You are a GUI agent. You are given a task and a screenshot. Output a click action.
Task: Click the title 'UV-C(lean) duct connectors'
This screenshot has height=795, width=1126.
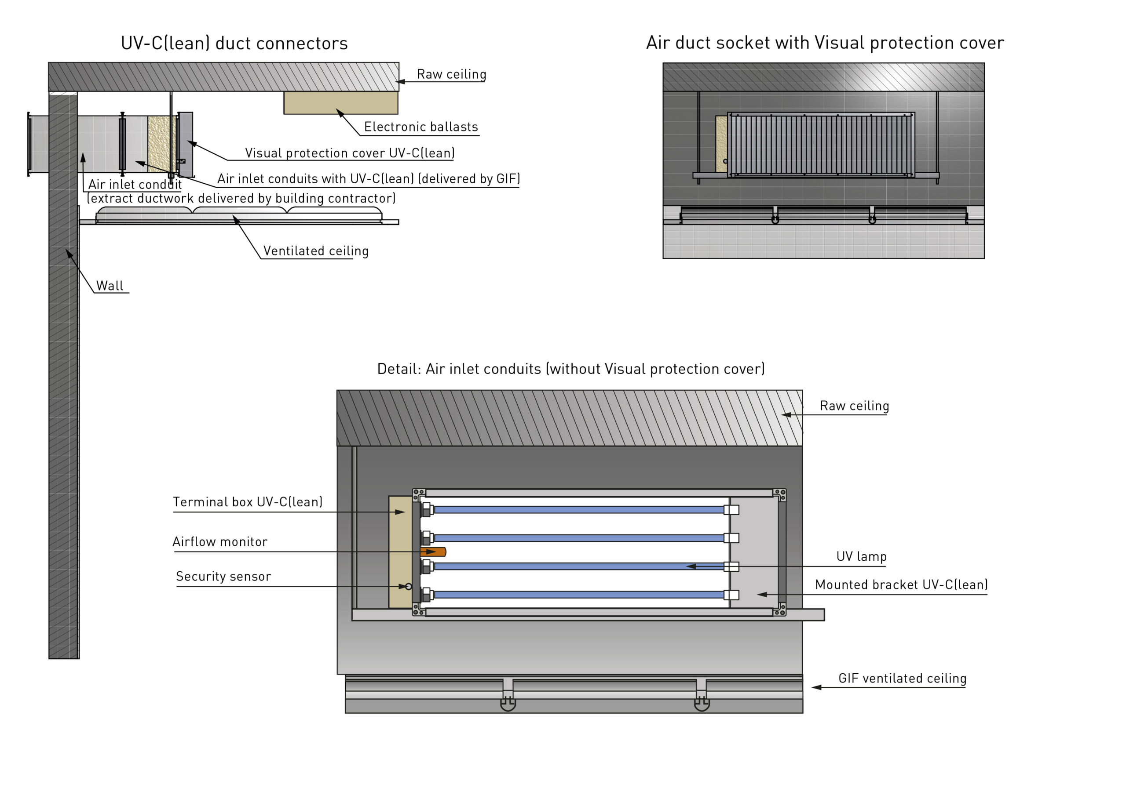(x=234, y=44)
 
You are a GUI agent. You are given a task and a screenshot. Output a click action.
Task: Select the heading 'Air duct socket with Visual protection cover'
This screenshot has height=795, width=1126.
(x=824, y=43)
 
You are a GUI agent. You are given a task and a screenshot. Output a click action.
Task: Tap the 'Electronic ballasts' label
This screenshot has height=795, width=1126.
(x=420, y=127)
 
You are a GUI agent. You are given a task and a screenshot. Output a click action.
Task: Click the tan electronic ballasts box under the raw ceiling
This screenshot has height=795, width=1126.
(x=340, y=103)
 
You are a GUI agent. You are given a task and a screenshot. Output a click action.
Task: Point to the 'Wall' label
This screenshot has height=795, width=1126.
(x=110, y=286)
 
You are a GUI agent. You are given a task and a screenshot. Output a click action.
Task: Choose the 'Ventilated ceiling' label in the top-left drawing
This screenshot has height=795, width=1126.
(x=315, y=251)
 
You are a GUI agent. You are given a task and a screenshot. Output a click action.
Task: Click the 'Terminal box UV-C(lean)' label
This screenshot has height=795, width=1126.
(x=247, y=502)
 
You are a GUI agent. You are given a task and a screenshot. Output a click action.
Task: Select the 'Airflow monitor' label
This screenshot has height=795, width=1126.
(x=220, y=541)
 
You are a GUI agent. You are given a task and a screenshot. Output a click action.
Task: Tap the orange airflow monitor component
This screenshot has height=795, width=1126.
(x=434, y=552)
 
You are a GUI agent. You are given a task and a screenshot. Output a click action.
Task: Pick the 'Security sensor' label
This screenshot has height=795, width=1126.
(x=223, y=577)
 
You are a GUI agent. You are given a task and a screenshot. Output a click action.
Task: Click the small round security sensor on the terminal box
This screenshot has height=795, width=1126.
(x=409, y=586)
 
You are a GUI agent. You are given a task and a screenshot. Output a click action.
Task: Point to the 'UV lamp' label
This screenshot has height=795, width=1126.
(x=861, y=556)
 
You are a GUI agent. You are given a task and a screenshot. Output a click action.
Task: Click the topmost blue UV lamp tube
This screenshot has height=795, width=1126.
(x=579, y=510)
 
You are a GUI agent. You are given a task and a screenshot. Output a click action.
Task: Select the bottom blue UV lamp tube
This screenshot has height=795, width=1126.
(x=579, y=595)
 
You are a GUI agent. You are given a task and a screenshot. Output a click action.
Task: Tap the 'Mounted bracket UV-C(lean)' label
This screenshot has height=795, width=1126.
(x=901, y=585)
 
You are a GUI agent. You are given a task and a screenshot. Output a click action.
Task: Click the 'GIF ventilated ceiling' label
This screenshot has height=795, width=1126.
(x=902, y=679)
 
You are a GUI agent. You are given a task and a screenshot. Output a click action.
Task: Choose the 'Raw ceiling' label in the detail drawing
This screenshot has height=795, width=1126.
(x=854, y=406)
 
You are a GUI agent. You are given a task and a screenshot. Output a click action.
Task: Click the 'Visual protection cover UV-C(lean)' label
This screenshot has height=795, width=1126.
(x=350, y=153)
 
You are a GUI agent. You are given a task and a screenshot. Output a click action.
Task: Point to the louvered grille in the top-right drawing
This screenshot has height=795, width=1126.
(x=820, y=145)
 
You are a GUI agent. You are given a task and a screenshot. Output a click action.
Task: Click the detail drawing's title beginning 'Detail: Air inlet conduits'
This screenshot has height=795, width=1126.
(x=570, y=369)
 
